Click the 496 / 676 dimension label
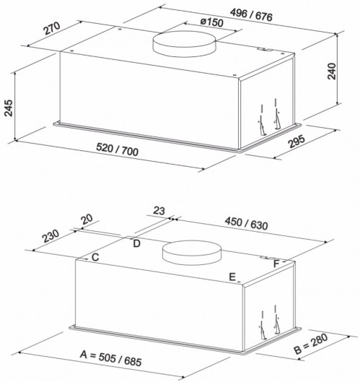tap(251, 15)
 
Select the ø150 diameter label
tap(212, 22)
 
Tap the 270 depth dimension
tap(52, 28)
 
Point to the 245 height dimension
tap(9, 108)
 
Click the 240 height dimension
tap(332, 71)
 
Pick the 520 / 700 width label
tap(118, 149)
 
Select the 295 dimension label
tap(297, 141)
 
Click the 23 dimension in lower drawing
tap(159, 210)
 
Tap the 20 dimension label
tap(87, 219)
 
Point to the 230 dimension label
tap(51, 236)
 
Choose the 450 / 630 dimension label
tap(246, 223)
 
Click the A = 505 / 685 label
tap(111, 358)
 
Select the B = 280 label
tap(311, 344)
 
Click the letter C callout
tap(95, 257)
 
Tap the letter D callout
tap(137, 243)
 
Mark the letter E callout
tap(232, 277)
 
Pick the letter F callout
tap(276, 264)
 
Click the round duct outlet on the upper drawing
tap(184, 44)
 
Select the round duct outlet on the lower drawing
tap(192, 253)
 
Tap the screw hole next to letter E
tap(239, 282)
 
